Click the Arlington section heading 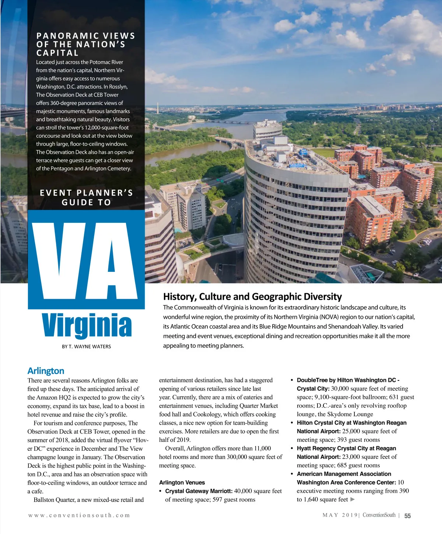point(46,371)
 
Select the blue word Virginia point(87,326)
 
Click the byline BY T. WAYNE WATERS point(86,347)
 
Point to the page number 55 point(407,516)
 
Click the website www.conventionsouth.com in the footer point(79,515)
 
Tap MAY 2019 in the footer point(340,515)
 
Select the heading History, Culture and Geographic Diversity point(252,297)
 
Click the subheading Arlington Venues point(182,482)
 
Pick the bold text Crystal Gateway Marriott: point(199,491)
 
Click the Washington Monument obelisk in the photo point(158,108)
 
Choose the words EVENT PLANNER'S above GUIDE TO point(86,193)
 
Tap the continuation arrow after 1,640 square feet point(352,499)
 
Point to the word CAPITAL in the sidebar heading point(57,53)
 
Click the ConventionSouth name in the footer point(379,515)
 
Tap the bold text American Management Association point(344,474)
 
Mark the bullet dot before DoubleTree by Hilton point(292,380)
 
